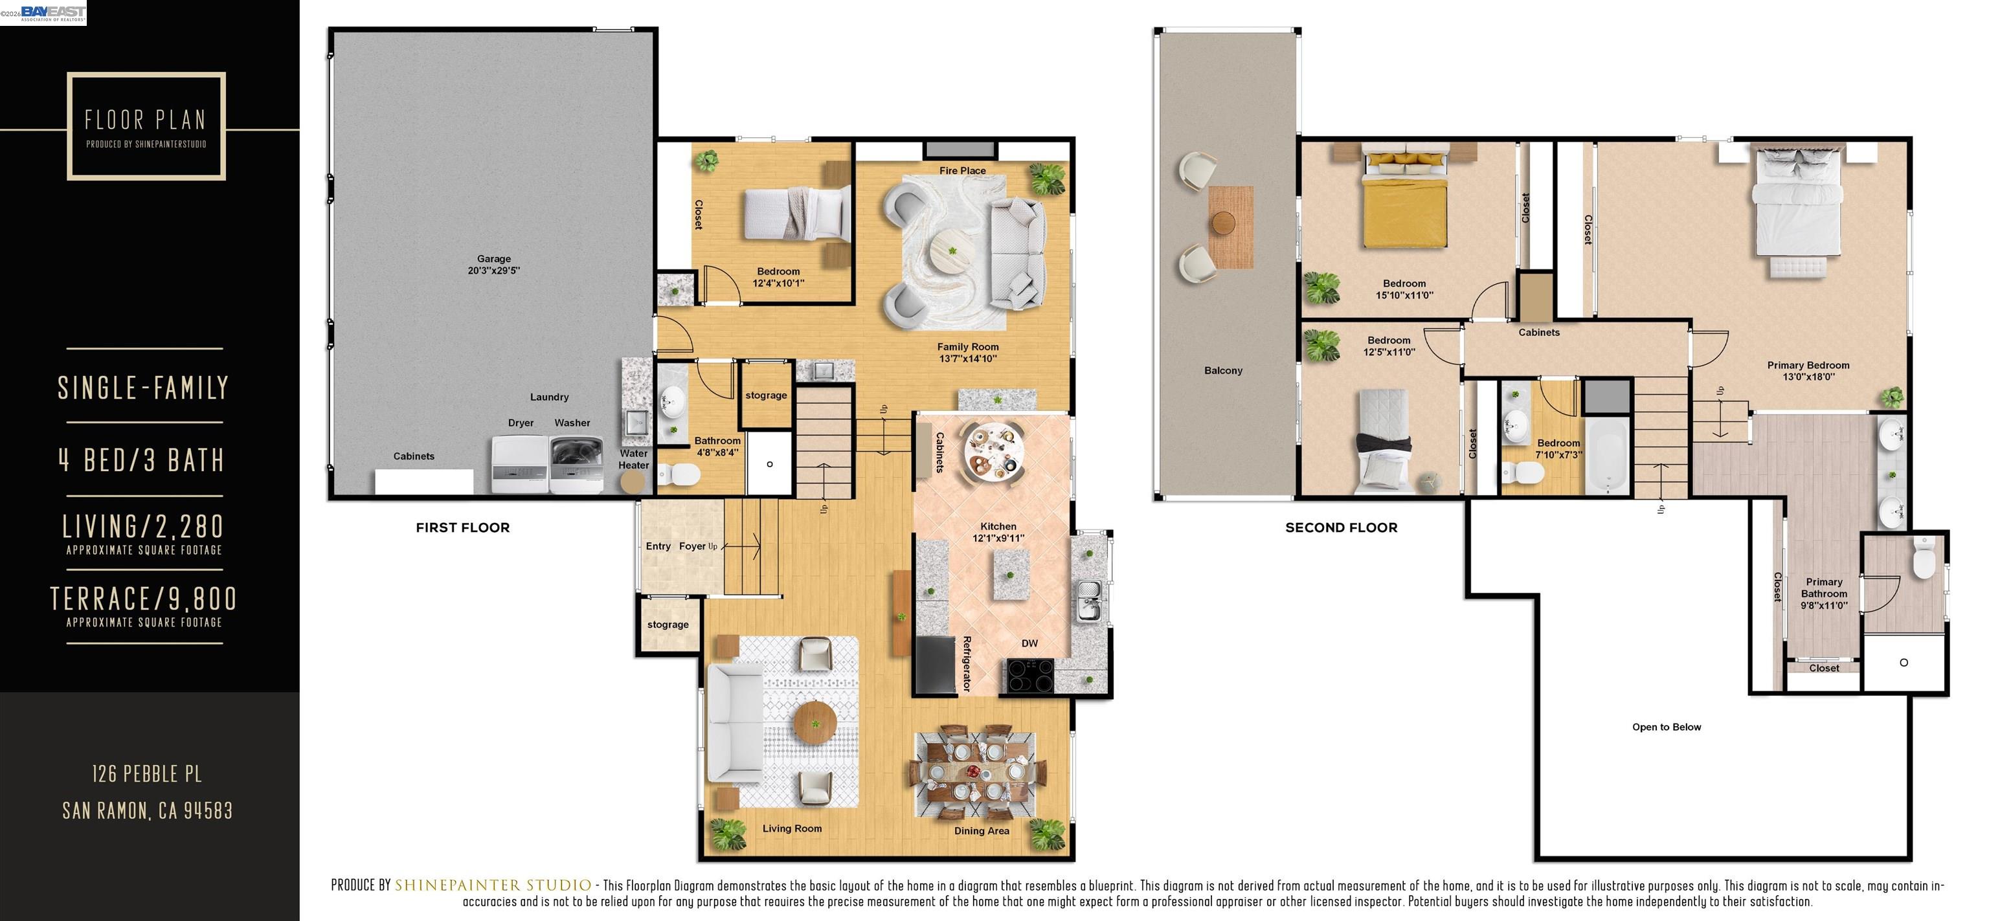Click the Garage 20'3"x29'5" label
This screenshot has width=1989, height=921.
click(x=493, y=265)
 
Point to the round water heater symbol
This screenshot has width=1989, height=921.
click(x=633, y=482)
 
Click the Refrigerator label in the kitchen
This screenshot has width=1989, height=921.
click(x=966, y=663)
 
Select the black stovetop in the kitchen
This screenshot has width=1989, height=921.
click(x=1030, y=676)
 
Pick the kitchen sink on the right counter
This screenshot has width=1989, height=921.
click(x=1088, y=601)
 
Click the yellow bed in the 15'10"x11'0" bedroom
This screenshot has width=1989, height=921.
click(x=1404, y=205)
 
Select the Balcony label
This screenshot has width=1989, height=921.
click(x=1223, y=371)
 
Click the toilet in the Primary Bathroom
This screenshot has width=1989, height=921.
click(x=1924, y=560)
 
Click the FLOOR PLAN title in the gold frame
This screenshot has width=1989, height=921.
click(x=146, y=120)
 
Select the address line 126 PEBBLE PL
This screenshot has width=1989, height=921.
click(x=147, y=773)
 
